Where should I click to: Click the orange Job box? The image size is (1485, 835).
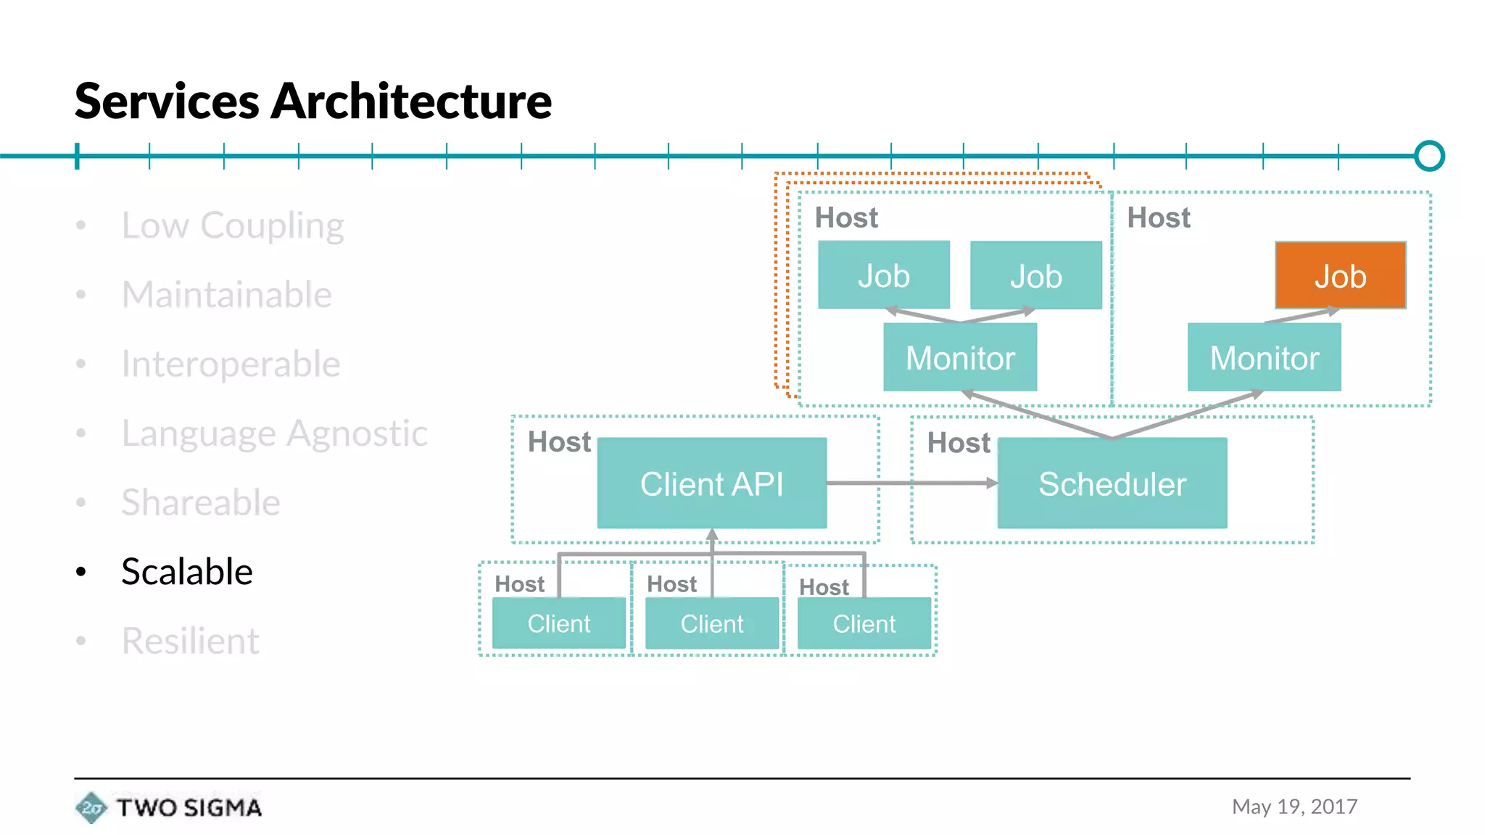pos(1340,275)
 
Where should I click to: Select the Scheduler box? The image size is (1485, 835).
pos(1112,483)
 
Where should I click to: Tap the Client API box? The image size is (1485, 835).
pos(711,483)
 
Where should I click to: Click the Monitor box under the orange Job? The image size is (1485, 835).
pos(1264,358)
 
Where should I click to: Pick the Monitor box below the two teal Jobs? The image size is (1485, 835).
pos(959,358)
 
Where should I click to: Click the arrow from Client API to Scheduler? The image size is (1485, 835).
pos(912,483)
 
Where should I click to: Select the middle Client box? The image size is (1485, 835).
pos(711,623)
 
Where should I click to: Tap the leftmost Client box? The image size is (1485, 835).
pos(558,623)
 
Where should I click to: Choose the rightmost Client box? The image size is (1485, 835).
pos(864,623)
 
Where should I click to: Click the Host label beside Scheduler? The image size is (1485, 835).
pos(958,443)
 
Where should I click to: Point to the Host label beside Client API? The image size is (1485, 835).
pos(558,441)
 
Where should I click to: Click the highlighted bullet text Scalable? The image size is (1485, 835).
pos(186,571)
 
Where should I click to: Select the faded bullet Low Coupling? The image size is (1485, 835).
pos(232,225)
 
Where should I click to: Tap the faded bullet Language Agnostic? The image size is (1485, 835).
pos(274,433)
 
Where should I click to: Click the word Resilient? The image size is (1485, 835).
pos(190,641)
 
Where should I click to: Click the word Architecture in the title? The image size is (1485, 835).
pos(410,101)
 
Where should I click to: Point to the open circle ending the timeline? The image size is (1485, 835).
pos(1429,156)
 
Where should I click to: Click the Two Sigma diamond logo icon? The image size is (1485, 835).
pos(91,807)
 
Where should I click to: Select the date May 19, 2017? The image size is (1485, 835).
pos(1294,807)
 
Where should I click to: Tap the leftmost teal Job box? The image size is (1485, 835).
pos(883,275)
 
